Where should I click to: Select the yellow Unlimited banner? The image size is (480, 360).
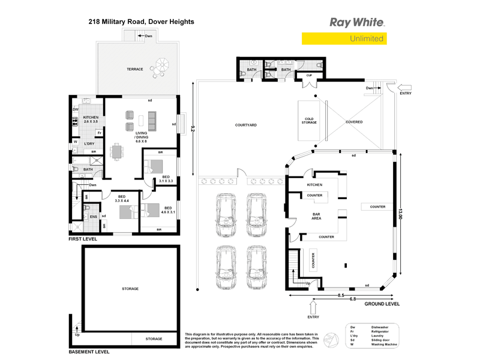(x=344, y=39)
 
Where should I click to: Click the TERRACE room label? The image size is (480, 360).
(x=134, y=69)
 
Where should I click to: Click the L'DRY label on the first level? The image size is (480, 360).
(x=89, y=144)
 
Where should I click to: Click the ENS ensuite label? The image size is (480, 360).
(x=94, y=217)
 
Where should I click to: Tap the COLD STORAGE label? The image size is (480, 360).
(x=310, y=121)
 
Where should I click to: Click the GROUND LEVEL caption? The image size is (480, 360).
(x=381, y=304)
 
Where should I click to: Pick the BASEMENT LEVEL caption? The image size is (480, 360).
(x=88, y=352)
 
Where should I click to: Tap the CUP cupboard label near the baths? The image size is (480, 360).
(x=310, y=75)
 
